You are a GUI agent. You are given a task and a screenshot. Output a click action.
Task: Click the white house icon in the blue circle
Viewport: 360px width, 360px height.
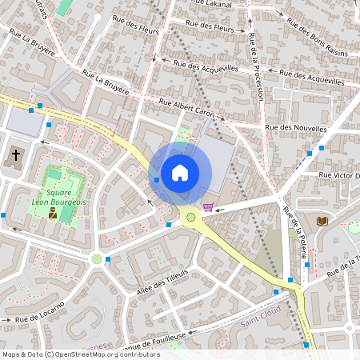point(180,173)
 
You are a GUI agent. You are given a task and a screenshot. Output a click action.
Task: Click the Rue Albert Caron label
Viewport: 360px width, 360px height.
point(189,106)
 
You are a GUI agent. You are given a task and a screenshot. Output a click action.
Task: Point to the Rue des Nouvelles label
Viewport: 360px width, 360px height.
point(296,128)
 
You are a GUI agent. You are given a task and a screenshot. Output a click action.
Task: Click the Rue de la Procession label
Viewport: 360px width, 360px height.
point(256,68)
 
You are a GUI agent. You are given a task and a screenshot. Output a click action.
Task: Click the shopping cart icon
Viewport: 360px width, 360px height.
point(208,207)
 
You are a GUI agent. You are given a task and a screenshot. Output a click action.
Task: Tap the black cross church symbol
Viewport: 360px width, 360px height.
point(16,154)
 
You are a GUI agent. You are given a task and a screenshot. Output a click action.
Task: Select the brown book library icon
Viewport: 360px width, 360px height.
point(322,220)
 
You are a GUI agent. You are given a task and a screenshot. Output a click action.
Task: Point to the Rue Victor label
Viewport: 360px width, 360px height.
point(339,174)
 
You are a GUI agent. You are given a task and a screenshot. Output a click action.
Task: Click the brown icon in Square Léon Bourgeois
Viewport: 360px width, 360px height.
point(54,214)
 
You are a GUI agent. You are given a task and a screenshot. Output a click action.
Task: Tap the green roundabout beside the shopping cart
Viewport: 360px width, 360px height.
point(190,217)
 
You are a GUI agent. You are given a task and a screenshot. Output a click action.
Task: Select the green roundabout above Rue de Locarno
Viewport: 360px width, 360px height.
point(97,258)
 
